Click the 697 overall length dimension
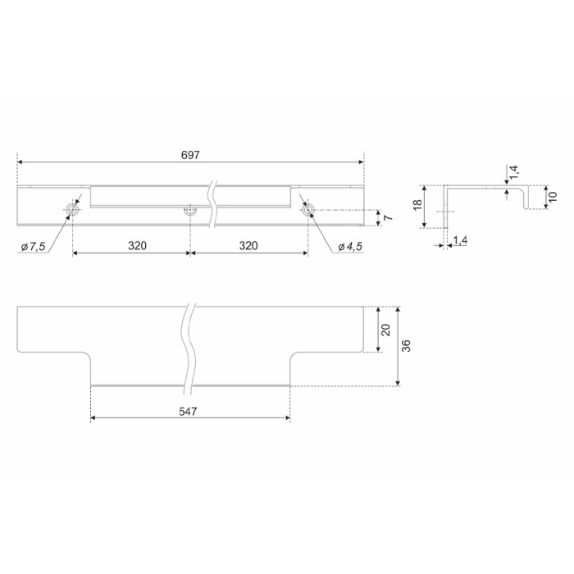pyautogui.click(x=190, y=155)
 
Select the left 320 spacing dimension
pyautogui.click(x=137, y=246)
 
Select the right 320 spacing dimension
pyautogui.click(x=248, y=246)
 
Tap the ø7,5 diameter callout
pyautogui.click(x=33, y=247)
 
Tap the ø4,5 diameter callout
pyautogui.click(x=350, y=247)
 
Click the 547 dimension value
pyautogui.click(x=188, y=412)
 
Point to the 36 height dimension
pyautogui.click(x=406, y=346)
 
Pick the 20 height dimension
pyautogui.click(x=386, y=330)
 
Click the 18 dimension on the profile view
pyautogui.click(x=417, y=205)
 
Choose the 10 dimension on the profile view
pyautogui.click(x=553, y=197)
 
